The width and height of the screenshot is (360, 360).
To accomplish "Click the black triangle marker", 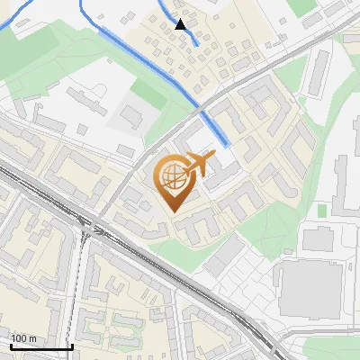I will (181, 25).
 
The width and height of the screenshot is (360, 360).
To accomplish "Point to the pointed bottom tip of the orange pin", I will (171, 211).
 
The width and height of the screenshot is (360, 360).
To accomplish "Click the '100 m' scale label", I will (23, 338).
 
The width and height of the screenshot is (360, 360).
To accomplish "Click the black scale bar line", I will (41, 346).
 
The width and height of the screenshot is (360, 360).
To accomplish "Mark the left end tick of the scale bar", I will (11, 345).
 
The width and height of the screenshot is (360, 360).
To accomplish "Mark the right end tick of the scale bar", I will (72, 345).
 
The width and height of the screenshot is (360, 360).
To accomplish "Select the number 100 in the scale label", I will (19, 338).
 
